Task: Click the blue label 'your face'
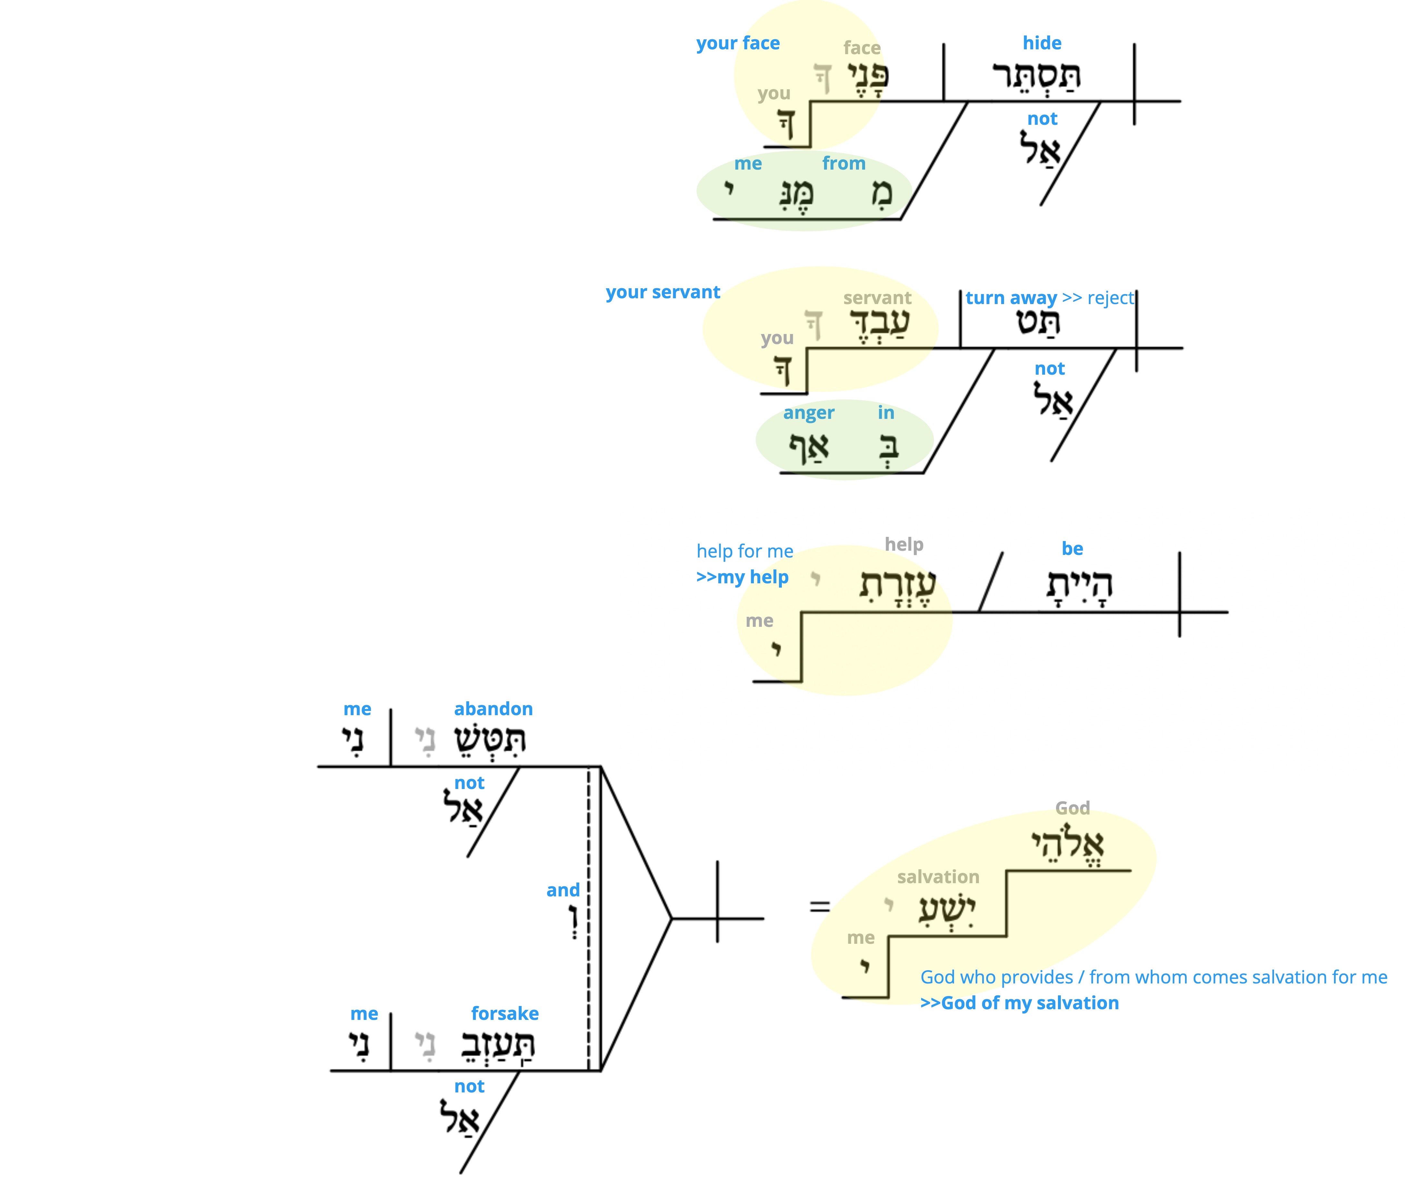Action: pos(738,44)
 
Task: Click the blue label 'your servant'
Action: pos(663,293)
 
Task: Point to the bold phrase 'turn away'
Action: pos(1011,298)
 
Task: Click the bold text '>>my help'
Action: pos(742,577)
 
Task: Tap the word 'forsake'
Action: pos(505,1013)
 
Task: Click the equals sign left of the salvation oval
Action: pos(820,907)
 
